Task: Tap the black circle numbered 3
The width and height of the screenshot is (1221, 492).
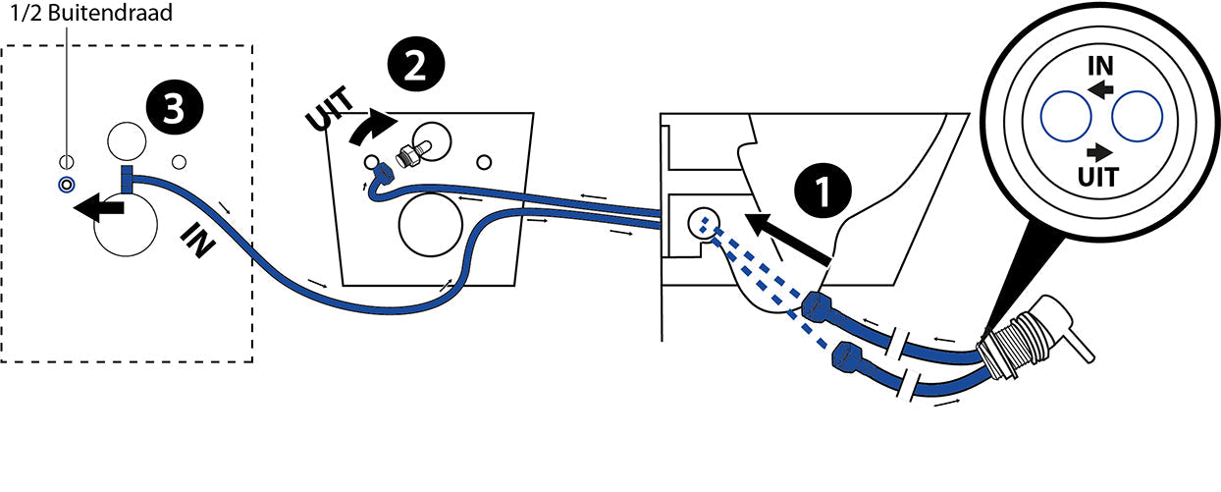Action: [x=173, y=111]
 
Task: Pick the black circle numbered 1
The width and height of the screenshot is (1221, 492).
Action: [x=822, y=191]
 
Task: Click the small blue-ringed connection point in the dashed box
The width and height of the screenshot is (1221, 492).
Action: [x=65, y=184]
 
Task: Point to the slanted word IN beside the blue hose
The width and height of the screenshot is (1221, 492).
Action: [x=198, y=238]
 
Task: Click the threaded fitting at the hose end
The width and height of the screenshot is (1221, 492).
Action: [x=1015, y=345]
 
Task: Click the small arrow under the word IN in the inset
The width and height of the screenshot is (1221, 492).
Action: [x=1099, y=89]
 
